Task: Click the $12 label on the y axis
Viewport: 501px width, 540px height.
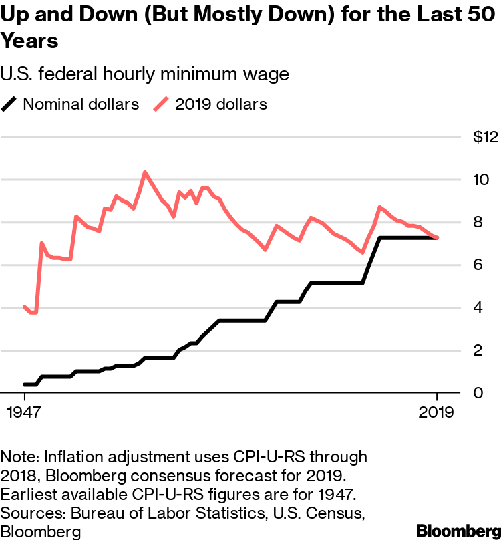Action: tap(486, 137)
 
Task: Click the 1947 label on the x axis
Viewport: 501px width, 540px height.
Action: tap(24, 412)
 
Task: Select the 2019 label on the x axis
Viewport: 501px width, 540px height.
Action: tap(437, 412)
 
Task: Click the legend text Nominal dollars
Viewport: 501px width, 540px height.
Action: tap(81, 104)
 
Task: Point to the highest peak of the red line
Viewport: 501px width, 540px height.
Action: tap(144, 172)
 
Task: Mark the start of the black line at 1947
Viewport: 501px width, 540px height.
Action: tap(25, 384)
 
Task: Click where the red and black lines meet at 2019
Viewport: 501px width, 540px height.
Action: tap(437, 238)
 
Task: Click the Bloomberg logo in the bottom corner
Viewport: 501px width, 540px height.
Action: tap(458, 530)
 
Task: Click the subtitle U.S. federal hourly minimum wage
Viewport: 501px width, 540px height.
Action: tap(145, 74)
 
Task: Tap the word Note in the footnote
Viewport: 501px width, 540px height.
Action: tap(20, 457)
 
